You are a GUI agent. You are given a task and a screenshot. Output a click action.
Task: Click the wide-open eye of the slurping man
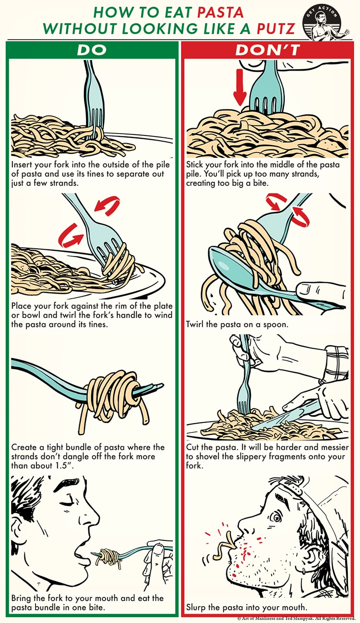[276, 517]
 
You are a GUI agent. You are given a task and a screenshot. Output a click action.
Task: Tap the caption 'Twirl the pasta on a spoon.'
[237, 324]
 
